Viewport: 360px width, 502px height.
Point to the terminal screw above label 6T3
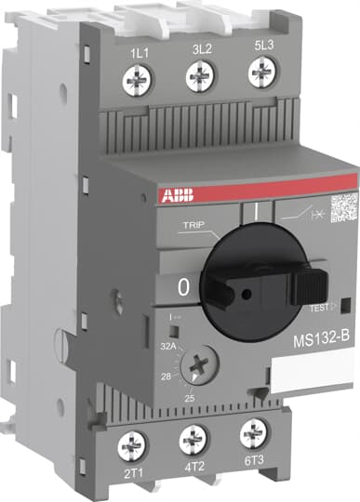252,431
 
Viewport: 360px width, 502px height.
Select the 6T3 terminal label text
253,458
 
